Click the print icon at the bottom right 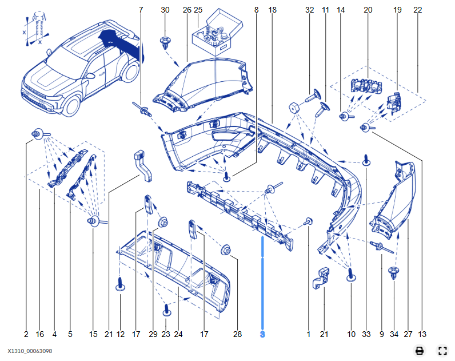pyautogui.click(x=420, y=351)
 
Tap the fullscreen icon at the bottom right pyautogui.click(x=442, y=351)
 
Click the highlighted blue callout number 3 pyautogui.click(x=262, y=334)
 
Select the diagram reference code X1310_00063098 pyautogui.click(x=30, y=351)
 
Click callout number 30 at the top pyautogui.click(x=165, y=10)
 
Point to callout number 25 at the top pyautogui.click(x=198, y=10)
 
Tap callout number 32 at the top pyautogui.click(x=310, y=10)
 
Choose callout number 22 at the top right pyautogui.click(x=418, y=10)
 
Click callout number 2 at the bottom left pyautogui.click(x=26, y=334)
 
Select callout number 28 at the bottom pyautogui.click(x=237, y=334)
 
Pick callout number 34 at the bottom pyautogui.click(x=394, y=334)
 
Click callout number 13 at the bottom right pyautogui.click(x=422, y=334)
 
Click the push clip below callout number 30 pyautogui.click(x=165, y=42)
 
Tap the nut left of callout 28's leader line pyautogui.click(x=225, y=250)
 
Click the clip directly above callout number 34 pyautogui.click(x=393, y=272)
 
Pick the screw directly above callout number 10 pyautogui.click(x=351, y=275)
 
